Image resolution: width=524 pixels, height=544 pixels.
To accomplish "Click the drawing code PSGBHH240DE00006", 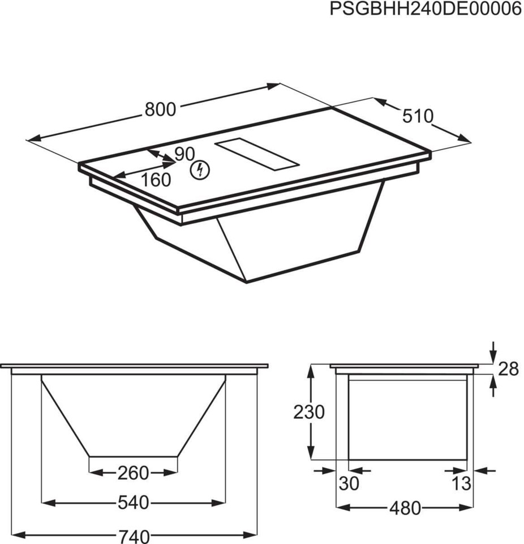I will point(425,10).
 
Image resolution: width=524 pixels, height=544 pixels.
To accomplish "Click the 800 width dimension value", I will point(160,109).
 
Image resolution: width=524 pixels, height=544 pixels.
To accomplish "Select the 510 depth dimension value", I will point(418,116).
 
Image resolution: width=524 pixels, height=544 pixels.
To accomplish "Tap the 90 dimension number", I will point(184,154).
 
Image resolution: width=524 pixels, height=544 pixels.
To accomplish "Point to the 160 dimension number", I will point(155,180).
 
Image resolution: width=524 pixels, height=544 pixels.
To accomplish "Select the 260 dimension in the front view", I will point(133,472).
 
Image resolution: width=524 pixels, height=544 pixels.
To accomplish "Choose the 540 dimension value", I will point(134,502).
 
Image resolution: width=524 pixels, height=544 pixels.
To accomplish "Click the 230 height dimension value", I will point(308,412).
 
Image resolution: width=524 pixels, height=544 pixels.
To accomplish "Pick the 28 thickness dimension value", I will point(508,369).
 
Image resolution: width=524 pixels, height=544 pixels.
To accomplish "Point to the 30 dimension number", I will point(349,483).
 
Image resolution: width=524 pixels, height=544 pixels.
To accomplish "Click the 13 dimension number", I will point(462,483).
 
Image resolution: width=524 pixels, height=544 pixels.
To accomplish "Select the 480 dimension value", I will point(405,508).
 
